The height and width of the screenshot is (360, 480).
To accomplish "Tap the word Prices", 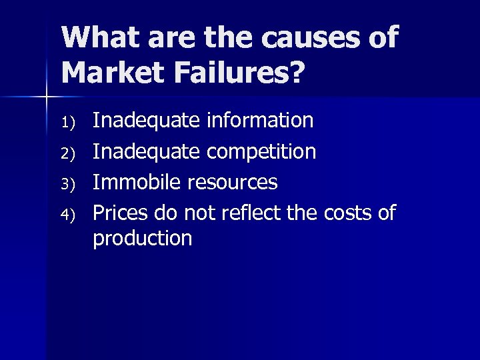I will [120, 213].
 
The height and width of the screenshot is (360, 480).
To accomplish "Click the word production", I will [143, 238].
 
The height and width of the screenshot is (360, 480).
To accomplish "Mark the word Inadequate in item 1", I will [145, 121].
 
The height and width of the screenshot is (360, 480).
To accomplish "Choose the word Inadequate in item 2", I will [145, 152].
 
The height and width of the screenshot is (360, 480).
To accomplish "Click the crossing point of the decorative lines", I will [46, 98].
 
